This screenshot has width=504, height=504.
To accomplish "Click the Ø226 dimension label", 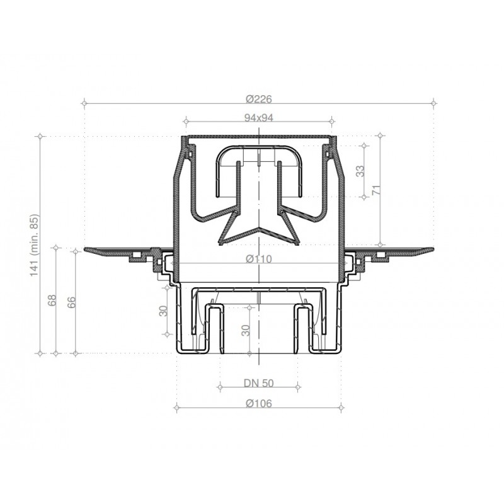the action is (259, 99).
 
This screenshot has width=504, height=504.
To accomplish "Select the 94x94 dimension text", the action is (259, 118).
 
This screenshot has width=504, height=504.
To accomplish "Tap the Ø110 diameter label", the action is (259, 258).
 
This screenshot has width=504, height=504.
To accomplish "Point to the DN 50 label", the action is (259, 383).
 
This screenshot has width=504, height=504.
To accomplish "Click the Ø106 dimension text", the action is (259, 403).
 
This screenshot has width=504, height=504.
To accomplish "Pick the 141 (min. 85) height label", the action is (34, 245).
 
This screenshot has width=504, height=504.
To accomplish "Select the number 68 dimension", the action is (52, 301).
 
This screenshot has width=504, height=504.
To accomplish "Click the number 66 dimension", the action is (71, 302).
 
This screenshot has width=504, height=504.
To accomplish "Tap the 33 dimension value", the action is (360, 171).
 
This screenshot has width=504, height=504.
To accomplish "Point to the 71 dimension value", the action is (376, 190).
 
